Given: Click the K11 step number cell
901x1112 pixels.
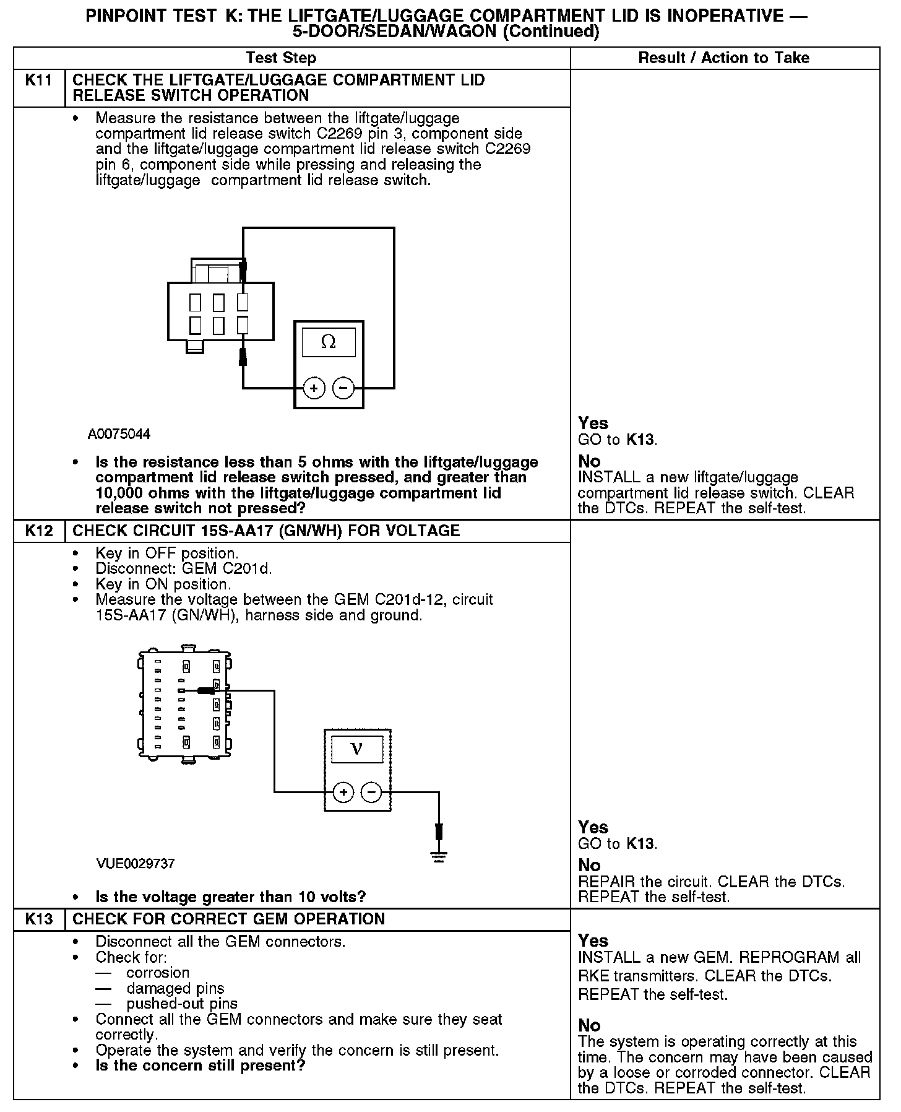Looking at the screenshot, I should (39, 80).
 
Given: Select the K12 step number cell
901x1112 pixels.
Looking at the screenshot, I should (39, 531).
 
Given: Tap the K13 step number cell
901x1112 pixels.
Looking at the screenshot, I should (39, 919).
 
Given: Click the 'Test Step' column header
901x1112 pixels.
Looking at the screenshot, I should (281, 58).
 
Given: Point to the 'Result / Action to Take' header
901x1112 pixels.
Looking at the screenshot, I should (723, 58).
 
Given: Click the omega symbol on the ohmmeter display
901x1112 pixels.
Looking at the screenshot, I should (329, 342).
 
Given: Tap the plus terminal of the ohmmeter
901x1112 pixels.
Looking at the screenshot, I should (314, 388).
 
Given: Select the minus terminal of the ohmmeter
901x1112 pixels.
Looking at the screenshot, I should (343, 388).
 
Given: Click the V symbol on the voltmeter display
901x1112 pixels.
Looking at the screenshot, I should (357, 749).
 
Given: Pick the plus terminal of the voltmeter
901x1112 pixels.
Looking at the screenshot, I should (343, 792).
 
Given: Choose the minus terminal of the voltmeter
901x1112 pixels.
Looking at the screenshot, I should (371, 792).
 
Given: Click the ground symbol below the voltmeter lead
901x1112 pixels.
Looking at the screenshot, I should (439, 857).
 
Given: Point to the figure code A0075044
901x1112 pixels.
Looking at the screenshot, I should (119, 434).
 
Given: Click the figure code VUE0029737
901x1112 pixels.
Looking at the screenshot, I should (136, 864).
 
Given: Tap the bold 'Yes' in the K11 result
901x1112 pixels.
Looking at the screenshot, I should (593, 424).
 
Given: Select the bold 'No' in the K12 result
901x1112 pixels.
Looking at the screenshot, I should (589, 865).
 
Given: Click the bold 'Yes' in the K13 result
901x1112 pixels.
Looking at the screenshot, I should (593, 941).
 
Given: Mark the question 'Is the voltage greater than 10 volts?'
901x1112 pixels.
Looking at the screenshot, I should (231, 897).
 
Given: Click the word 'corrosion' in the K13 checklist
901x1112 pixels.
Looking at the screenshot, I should (158, 973).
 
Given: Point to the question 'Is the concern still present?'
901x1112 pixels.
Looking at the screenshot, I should (200, 1066).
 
